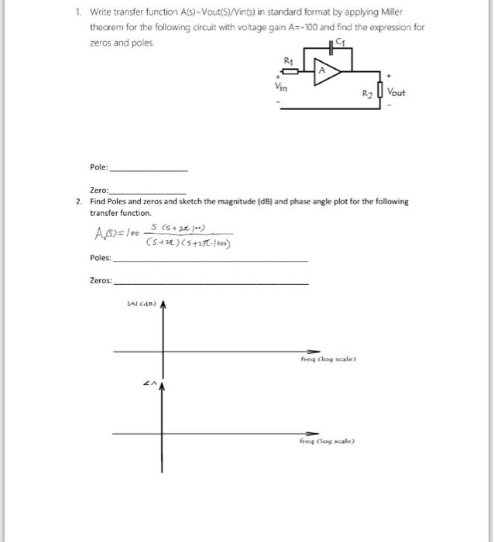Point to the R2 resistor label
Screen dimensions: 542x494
point(368,93)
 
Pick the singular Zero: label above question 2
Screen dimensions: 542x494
point(100,190)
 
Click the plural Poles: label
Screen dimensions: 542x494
point(101,258)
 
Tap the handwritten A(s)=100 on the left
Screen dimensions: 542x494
point(117,235)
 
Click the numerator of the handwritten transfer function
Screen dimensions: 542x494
point(181,229)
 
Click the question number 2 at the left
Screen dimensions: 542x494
point(79,201)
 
